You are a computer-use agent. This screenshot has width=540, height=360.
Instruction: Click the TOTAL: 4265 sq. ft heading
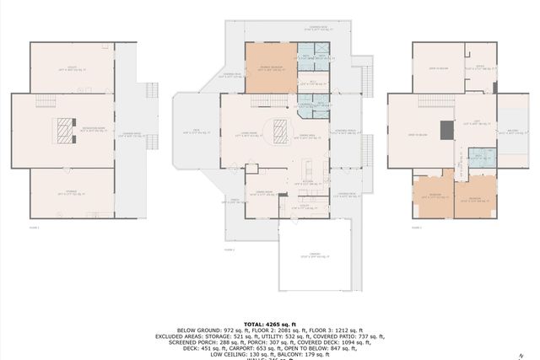[x=269, y=323]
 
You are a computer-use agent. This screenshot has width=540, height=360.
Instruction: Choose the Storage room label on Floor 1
[x=72, y=193]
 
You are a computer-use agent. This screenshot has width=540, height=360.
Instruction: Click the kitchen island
[x=309, y=164]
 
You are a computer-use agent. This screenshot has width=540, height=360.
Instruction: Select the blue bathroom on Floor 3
[x=476, y=156]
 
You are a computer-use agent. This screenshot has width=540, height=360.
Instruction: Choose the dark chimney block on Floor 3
[x=495, y=86]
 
